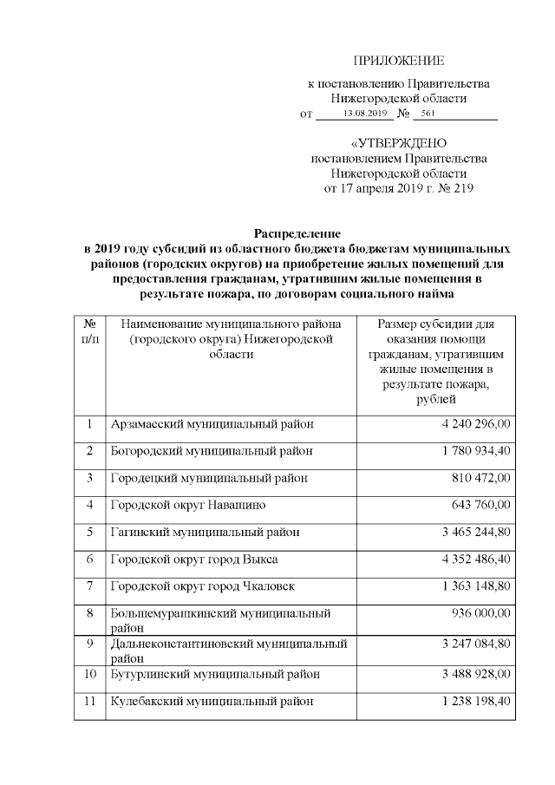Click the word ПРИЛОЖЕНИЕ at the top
[399, 61]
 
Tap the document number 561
[427, 114]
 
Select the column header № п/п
[89, 330]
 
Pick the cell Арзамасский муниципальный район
[212, 424]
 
